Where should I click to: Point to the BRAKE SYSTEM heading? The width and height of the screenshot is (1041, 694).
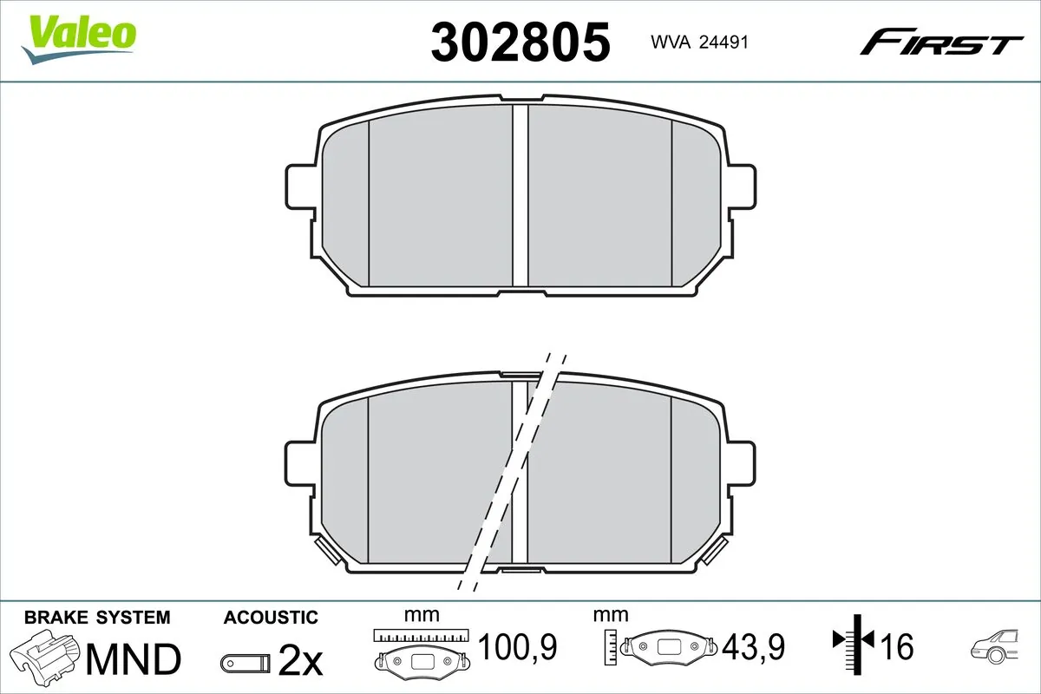tap(97, 618)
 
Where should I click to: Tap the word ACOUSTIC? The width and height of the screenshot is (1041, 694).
tap(271, 618)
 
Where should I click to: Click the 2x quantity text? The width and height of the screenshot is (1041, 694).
tap(300, 661)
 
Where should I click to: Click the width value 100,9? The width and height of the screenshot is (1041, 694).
tap(517, 646)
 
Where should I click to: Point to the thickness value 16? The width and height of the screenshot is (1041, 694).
tap(899, 646)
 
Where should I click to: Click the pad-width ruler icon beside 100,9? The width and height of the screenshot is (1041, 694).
tap(421, 649)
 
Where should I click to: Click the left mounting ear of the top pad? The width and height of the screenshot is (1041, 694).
tap(300, 184)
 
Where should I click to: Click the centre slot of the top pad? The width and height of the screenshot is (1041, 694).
tap(520, 195)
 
